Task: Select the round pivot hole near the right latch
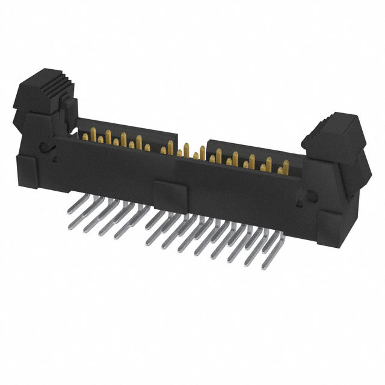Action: [x=311, y=196]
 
